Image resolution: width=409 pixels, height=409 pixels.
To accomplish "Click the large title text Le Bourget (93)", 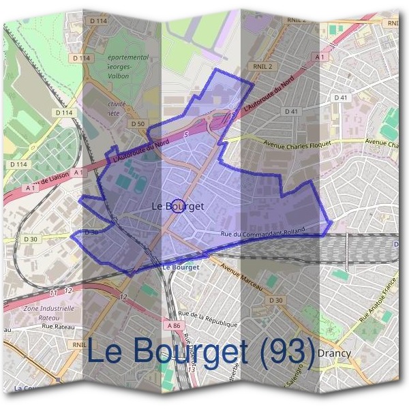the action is pos(201,351).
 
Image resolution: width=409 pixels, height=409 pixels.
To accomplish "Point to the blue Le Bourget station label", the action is pos(181,267).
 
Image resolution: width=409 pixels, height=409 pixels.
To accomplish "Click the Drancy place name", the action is pos(334,353).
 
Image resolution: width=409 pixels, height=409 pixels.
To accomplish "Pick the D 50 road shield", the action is pos(137,123).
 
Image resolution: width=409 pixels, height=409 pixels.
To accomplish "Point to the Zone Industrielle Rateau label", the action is pos(48,312).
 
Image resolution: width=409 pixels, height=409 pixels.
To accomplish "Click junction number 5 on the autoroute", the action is pos(186,135).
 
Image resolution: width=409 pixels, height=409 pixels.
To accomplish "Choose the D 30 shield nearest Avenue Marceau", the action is pos(275,300).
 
